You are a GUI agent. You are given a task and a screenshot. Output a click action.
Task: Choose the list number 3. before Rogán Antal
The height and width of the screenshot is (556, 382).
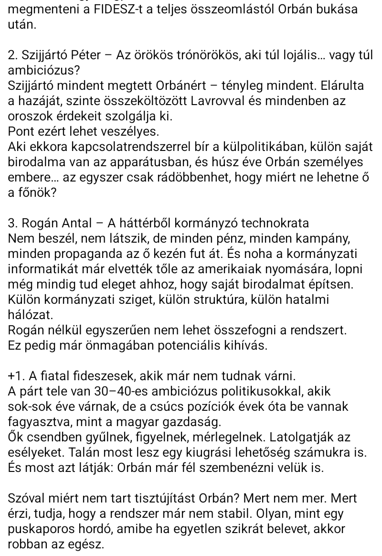click(x=14, y=223)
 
